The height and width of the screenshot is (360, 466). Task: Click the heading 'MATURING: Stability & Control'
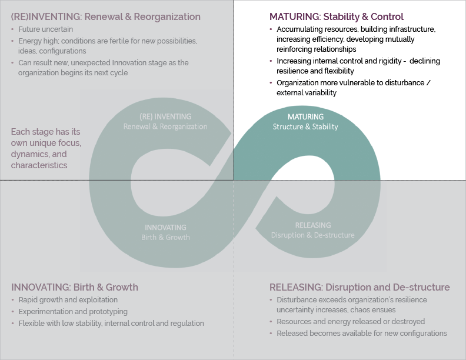click(337, 16)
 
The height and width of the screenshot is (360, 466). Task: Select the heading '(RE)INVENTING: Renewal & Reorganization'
click(105, 16)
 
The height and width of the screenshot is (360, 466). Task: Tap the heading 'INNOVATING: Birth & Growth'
click(75, 287)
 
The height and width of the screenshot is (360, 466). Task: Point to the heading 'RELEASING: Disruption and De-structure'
click(360, 287)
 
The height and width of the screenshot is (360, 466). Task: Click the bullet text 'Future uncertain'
click(46, 29)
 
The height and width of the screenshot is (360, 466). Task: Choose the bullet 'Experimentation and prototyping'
click(73, 312)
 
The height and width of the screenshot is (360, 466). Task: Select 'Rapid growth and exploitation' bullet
click(68, 299)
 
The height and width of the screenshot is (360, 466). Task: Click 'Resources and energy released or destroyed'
click(351, 322)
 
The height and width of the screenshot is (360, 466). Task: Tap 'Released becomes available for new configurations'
click(362, 334)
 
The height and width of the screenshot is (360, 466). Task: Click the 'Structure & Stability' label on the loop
click(305, 127)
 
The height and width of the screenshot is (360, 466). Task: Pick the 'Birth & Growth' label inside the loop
click(165, 237)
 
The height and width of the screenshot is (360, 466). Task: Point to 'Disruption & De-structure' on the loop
click(312, 235)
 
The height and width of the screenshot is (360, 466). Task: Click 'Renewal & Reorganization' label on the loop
click(165, 126)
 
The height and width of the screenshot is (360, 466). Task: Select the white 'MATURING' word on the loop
click(305, 116)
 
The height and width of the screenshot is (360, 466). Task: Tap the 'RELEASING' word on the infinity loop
click(313, 225)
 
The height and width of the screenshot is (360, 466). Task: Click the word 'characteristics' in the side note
click(39, 165)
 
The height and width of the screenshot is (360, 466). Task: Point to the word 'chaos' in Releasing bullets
click(361, 310)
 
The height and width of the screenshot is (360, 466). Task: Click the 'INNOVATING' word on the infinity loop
click(165, 228)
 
